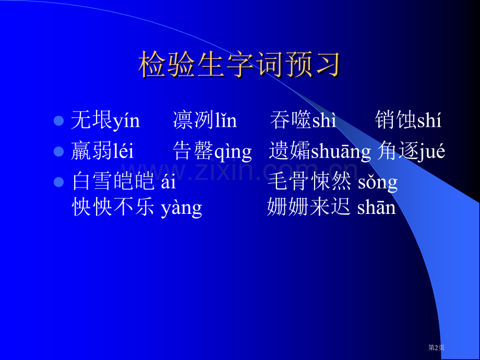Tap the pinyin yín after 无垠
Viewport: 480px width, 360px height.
[x=127, y=121]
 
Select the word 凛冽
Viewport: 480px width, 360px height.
[x=194, y=121]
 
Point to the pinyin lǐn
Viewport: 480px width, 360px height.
[x=226, y=121]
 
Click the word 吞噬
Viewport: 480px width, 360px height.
[x=291, y=121]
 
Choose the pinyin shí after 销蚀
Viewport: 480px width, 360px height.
[x=429, y=121]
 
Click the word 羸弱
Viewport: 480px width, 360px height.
[x=92, y=152]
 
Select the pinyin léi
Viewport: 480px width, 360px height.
[x=124, y=152]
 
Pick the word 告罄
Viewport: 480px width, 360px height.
[x=193, y=152]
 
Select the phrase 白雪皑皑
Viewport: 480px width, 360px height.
[x=113, y=182]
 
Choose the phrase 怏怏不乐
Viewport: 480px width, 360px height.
[x=113, y=208]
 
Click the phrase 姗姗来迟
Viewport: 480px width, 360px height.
[x=309, y=208]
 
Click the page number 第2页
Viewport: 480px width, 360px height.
[x=436, y=347]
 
